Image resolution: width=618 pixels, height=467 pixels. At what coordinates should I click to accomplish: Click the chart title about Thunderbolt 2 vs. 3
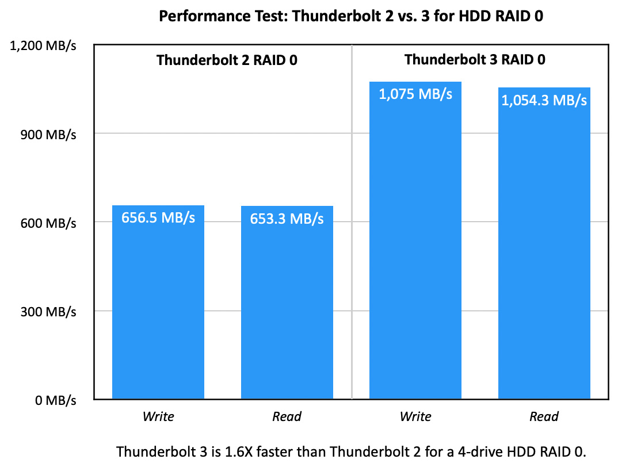tap(351, 16)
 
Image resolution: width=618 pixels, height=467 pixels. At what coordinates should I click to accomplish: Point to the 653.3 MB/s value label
tap(287, 219)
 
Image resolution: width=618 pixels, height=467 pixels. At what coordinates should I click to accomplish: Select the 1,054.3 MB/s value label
tap(544, 101)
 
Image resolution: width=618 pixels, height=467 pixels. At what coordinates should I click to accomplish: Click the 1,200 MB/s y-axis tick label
tap(44, 46)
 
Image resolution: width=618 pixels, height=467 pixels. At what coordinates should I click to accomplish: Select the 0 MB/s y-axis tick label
tap(55, 400)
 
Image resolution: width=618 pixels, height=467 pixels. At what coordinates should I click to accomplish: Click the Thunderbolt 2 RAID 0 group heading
tap(227, 60)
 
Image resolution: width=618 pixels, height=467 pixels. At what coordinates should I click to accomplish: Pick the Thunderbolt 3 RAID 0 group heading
tap(475, 60)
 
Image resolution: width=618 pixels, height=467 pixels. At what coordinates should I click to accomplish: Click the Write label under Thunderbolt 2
tap(158, 416)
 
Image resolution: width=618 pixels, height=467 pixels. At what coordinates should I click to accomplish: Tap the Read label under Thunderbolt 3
tap(544, 416)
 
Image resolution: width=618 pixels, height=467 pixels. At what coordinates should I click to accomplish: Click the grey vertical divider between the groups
tap(352, 230)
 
